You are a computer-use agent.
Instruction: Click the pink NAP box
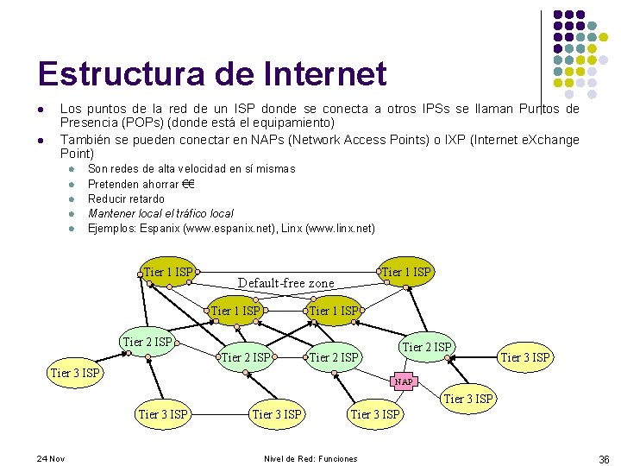(x=404, y=381)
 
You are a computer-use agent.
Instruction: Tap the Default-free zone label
(x=285, y=283)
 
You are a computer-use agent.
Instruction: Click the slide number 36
(x=603, y=459)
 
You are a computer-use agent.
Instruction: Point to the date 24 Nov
(x=51, y=458)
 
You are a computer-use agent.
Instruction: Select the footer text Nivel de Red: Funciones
(x=310, y=458)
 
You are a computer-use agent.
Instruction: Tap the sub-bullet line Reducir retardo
(x=126, y=198)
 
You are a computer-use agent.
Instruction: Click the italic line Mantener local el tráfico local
(x=160, y=213)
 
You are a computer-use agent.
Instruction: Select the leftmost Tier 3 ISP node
(x=75, y=373)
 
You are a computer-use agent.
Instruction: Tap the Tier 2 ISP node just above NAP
(x=426, y=347)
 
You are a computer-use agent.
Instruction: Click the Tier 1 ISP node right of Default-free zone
(x=405, y=273)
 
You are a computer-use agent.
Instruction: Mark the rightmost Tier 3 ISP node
(x=526, y=356)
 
